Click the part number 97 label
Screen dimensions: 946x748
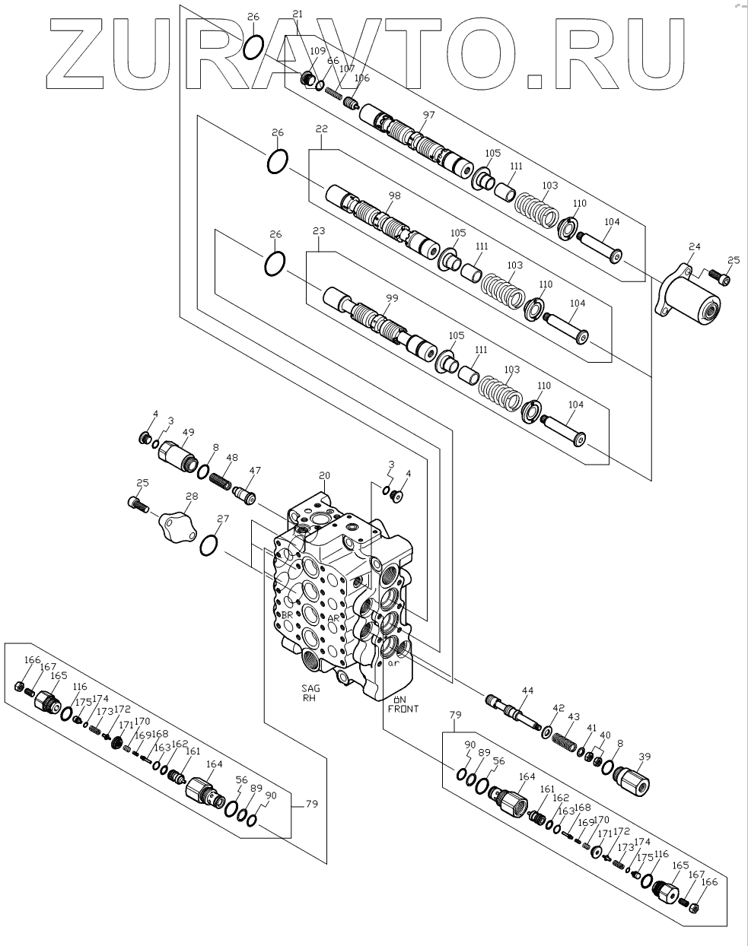point(428,115)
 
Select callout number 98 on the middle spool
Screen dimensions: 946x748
point(393,195)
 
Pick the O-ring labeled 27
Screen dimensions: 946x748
point(209,545)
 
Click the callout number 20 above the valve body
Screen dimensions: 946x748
point(325,477)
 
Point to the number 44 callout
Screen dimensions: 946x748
point(527,690)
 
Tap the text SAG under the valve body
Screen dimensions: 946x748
point(310,688)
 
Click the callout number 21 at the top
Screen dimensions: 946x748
point(298,14)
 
